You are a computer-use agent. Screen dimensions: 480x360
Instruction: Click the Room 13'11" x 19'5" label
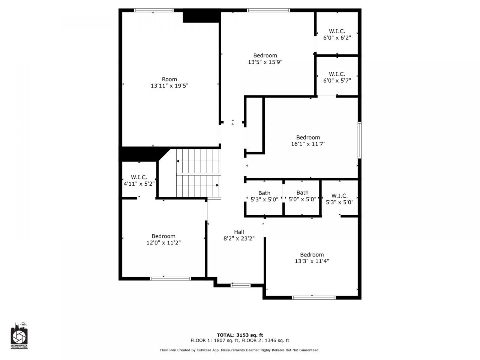169,82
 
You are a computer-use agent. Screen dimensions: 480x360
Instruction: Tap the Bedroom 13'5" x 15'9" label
265,59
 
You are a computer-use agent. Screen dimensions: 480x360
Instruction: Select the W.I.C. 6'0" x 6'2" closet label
337,34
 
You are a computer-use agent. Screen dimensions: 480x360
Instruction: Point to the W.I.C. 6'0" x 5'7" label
337,77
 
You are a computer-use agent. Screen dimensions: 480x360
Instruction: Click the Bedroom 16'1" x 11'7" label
308,141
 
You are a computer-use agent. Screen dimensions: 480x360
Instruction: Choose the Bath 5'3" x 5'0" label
264,196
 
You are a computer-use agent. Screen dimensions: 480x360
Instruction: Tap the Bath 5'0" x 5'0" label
302,196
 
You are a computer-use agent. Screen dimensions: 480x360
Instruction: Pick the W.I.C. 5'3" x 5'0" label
340,199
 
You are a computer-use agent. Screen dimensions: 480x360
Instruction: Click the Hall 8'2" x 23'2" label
239,235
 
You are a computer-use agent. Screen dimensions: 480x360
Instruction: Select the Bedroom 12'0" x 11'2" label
163,239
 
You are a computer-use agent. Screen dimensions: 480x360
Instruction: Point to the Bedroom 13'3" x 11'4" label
312,258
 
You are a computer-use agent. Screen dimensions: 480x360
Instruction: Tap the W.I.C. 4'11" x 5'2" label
139,180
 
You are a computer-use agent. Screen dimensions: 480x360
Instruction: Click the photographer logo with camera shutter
19,336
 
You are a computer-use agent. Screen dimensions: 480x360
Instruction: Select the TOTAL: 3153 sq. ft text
240,335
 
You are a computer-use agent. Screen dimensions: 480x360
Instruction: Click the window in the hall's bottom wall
240,285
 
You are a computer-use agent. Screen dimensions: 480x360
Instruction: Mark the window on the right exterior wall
360,140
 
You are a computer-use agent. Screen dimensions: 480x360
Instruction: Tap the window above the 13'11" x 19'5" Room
154,10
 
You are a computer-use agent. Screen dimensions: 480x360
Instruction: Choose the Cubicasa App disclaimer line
240,350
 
